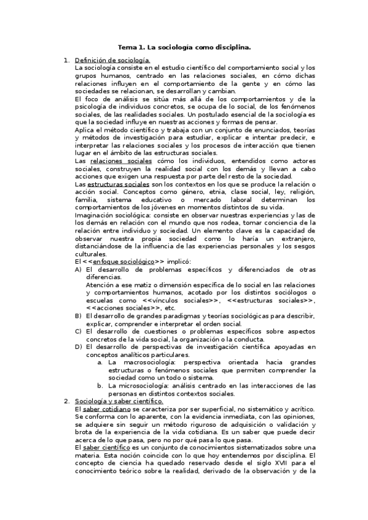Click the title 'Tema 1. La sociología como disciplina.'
click(x=184, y=47)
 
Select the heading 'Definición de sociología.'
click(x=112, y=60)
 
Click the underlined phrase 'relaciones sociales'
click(x=120, y=161)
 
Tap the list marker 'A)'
click(x=78, y=269)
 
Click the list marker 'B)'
click(x=78, y=316)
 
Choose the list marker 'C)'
click(x=78, y=331)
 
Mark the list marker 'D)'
click(x=78, y=346)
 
